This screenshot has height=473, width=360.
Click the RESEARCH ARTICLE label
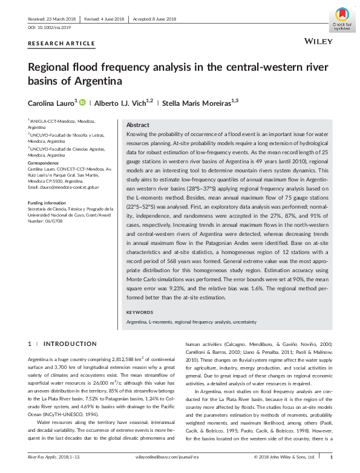pos(62,44)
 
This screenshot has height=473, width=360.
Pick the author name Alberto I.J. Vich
pos(123,103)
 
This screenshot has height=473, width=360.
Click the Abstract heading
pos(137,123)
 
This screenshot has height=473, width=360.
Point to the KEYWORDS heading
pos(140,312)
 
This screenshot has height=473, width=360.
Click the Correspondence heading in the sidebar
pos(45,163)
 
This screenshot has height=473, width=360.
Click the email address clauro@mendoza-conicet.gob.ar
pos(61,189)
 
